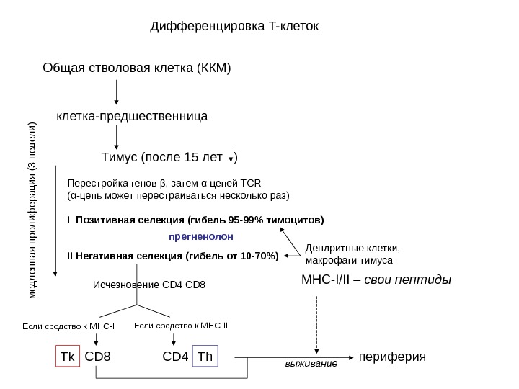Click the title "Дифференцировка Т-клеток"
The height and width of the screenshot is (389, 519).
234,27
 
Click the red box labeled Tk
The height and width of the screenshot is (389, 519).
67,357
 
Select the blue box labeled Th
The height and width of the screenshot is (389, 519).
205,357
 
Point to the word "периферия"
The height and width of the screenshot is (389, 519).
392,357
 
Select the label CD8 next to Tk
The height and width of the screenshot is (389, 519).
98,357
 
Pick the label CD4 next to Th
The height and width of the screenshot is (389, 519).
175,357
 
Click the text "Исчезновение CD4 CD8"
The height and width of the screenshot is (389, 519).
150,285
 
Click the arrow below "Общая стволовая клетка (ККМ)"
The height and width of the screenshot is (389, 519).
116,92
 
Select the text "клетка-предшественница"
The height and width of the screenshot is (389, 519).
132,115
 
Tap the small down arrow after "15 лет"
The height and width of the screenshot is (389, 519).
231,157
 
